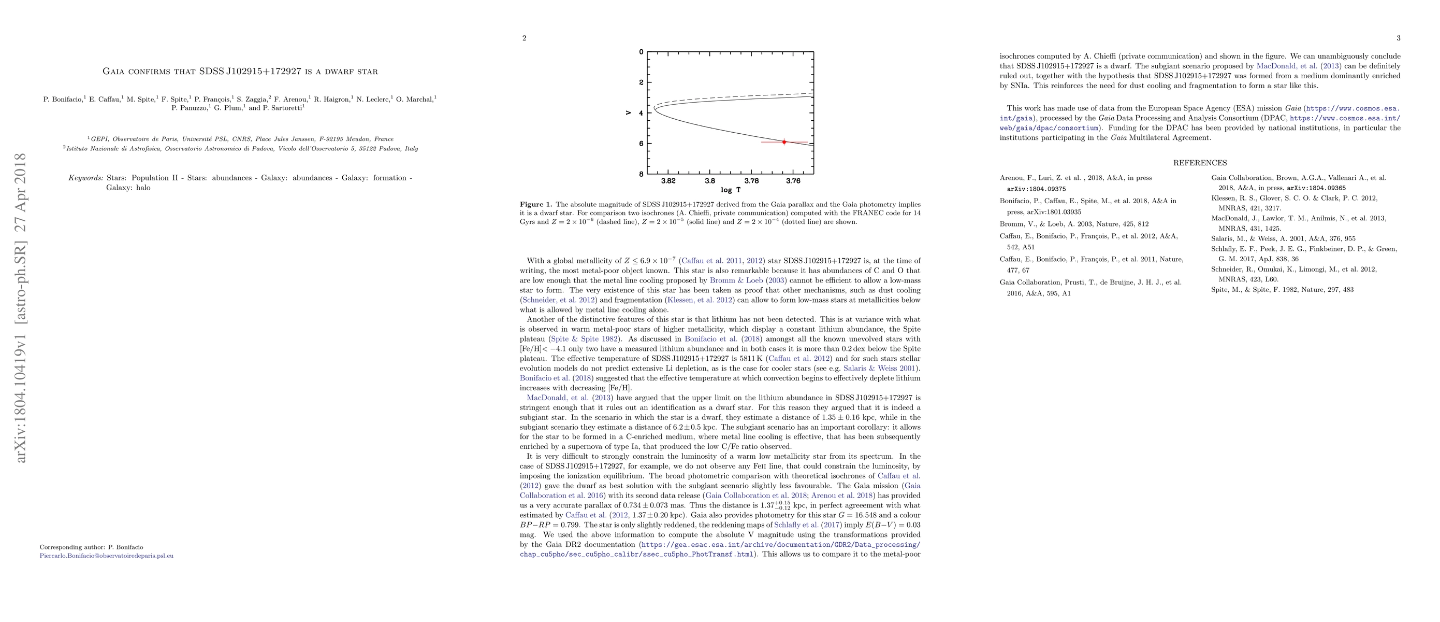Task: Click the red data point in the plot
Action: [784, 142]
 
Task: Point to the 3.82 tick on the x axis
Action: [668, 181]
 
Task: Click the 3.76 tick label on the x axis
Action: [793, 181]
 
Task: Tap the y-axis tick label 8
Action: [641, 174]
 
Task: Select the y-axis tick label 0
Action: [641, 52]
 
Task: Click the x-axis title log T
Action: [730, 190]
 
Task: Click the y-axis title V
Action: [630, 113]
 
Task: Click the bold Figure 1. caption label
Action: [535, 205]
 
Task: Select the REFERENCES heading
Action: [1200, 163]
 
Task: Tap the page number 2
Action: [524, 38]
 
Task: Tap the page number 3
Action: [1398, 38]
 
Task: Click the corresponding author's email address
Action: [107, 556]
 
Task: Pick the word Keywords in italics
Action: [85, 178]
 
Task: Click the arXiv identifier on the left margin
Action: [21, 308]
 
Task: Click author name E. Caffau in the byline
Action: [104, 100]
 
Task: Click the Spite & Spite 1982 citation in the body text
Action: [584, 339]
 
